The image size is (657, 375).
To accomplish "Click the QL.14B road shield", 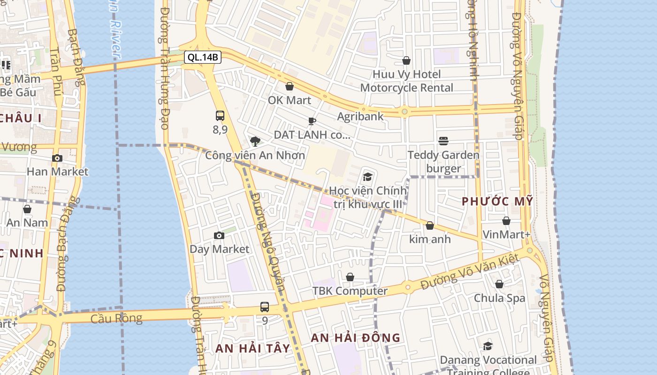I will point(202,57).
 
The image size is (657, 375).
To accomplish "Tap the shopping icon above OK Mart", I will point(290,86).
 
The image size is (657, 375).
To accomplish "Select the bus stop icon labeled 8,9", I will point(220,115).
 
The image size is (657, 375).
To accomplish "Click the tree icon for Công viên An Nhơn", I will point(255,141).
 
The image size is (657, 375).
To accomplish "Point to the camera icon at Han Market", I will point(57,158).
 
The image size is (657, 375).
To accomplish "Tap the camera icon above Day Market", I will point(219,235).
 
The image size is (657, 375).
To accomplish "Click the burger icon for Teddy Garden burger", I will point(443,141).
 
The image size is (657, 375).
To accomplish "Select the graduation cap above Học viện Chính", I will point(367,177).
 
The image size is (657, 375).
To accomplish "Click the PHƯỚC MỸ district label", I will point(497,202).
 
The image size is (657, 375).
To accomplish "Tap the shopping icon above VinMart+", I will point(506,221).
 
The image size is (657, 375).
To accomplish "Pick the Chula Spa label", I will point(499,298).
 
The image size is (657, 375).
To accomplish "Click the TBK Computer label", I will point(350,291).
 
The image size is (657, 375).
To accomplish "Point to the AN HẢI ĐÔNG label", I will point(356,337).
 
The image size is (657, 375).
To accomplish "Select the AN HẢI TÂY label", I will point(253,348).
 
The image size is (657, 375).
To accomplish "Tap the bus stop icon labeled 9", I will point(265,307).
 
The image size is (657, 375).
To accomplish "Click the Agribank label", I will point(360,116).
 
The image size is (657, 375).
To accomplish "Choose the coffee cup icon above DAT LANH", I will point(312,121).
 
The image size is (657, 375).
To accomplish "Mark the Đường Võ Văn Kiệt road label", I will point(470,271).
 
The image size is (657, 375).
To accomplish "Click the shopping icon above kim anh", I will point(430,225).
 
